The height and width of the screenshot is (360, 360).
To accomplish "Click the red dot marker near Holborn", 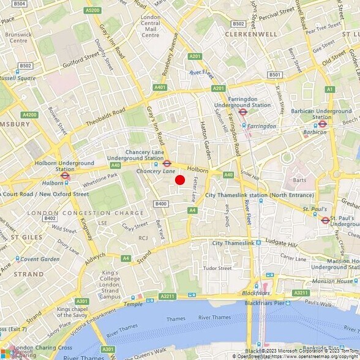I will pyautogui.click(x=180, y=179).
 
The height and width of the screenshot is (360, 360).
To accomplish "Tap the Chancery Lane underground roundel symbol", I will pyautogui.click(x=167, y=163).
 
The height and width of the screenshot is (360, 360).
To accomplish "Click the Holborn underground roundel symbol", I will pyautogui.click(x=66, y=175).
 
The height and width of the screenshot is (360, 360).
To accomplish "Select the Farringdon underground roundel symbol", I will pyautogui.click(x=242, y=112).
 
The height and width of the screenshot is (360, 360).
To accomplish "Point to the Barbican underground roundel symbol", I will pyautogui.click(x=322, y=122).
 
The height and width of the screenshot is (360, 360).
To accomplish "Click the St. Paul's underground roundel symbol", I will pyautogui.click(x=325, y=220).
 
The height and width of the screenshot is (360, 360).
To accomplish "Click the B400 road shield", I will pyautogui.click(x=161, y=204).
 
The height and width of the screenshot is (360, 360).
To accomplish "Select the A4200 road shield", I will pyautogui.click(x=29, y=114).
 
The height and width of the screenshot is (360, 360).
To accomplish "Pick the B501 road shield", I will pyautogui.click(x=275, y=75).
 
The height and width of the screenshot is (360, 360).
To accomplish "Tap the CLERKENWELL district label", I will pyautogui.click(x=251, y=34).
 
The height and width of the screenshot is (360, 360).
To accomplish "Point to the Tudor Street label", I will pyautogui.click(x=217, y=268).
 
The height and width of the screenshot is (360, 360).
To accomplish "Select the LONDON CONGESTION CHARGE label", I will pyautogui.click(x=85, y=213).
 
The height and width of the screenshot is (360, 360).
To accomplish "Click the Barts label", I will pyautogui.click(x=299, y=180).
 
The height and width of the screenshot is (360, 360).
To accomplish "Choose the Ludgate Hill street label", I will pyautogui.click(x=282, y=244).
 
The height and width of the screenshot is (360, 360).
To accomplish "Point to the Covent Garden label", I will pyautogui.click(x=40, y=259).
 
